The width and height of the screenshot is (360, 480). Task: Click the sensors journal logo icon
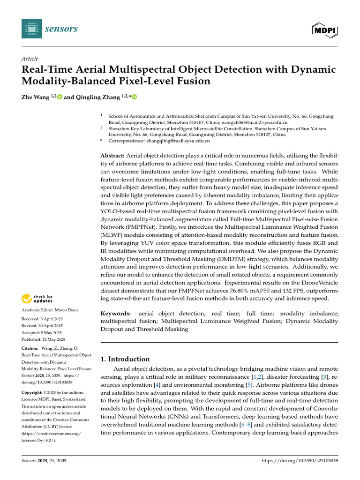pos(31,29)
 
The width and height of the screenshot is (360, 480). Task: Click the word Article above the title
pos(30,59)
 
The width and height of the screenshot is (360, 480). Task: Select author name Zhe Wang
pos(35,97)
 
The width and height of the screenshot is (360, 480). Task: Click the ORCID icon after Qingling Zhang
pos(135,97)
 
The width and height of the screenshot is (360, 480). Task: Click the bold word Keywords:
pos(114,313)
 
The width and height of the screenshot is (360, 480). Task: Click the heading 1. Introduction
pos(125,359)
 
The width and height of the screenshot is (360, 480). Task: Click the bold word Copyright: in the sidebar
pos(33,392)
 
